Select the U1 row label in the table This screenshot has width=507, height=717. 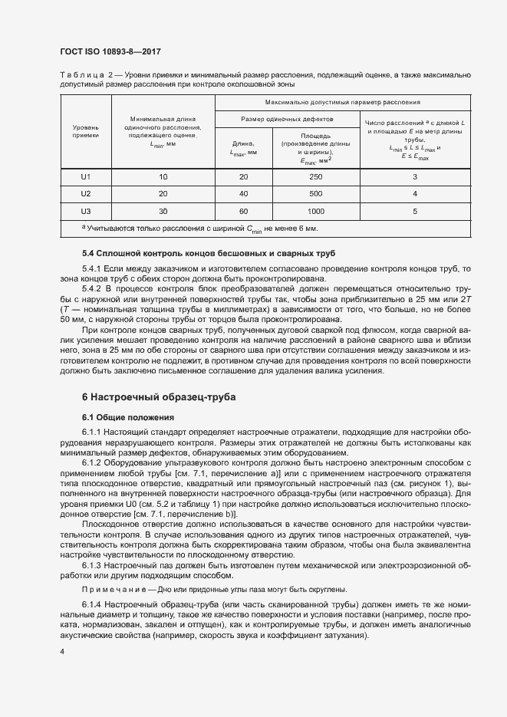pos(86,177)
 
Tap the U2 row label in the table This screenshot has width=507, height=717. pos(86,194)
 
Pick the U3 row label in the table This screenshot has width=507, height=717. pos(86,211)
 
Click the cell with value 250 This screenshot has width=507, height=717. pos(316,177)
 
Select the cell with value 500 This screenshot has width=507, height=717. pos(316,194)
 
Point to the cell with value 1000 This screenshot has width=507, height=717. pos(316,211)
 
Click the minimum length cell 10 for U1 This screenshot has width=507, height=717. pos(163,177)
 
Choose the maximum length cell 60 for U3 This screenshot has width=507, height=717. pos(243,211)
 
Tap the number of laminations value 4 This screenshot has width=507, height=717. pos(414,194)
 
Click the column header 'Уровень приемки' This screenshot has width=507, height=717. pos(86,130)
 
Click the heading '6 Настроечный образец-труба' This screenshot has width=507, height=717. pos(160,397)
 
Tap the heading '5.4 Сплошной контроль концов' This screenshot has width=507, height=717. pos(207,253)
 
